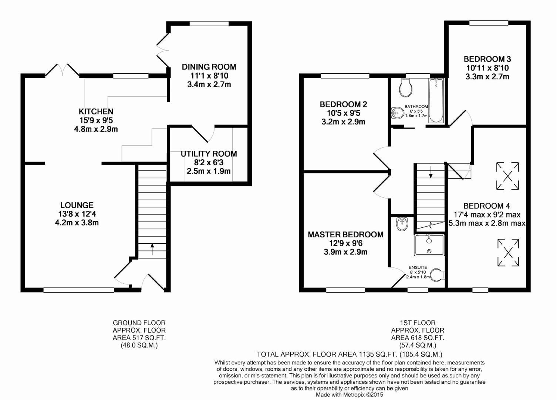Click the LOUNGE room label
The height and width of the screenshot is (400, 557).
click(x=77, y=205)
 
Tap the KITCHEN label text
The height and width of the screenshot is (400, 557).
click(x=96, y=111)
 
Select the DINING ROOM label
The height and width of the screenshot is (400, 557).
click(x=209, y=67)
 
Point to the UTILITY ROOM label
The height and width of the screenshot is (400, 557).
click(x=209, y=154)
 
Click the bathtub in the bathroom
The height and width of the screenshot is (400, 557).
click(x=436, y=100)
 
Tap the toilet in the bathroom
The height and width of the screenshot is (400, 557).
click(x=406, y=88)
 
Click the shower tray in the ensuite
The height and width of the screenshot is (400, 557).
click(x=429, y=245)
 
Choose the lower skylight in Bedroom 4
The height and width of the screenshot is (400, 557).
click(x=508, y=253)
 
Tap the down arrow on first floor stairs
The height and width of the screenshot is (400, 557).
click(x=431, y=172)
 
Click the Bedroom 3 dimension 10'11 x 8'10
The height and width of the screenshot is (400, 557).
click(x=487, y=68)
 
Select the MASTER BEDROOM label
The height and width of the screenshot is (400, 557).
click(x=345, y=234)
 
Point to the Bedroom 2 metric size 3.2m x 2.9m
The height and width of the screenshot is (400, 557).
click(x=343, y=122)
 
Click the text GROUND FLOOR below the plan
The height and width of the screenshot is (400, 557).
click(x=139, y=323)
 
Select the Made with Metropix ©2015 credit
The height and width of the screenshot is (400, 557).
click(x=349, y=395)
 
